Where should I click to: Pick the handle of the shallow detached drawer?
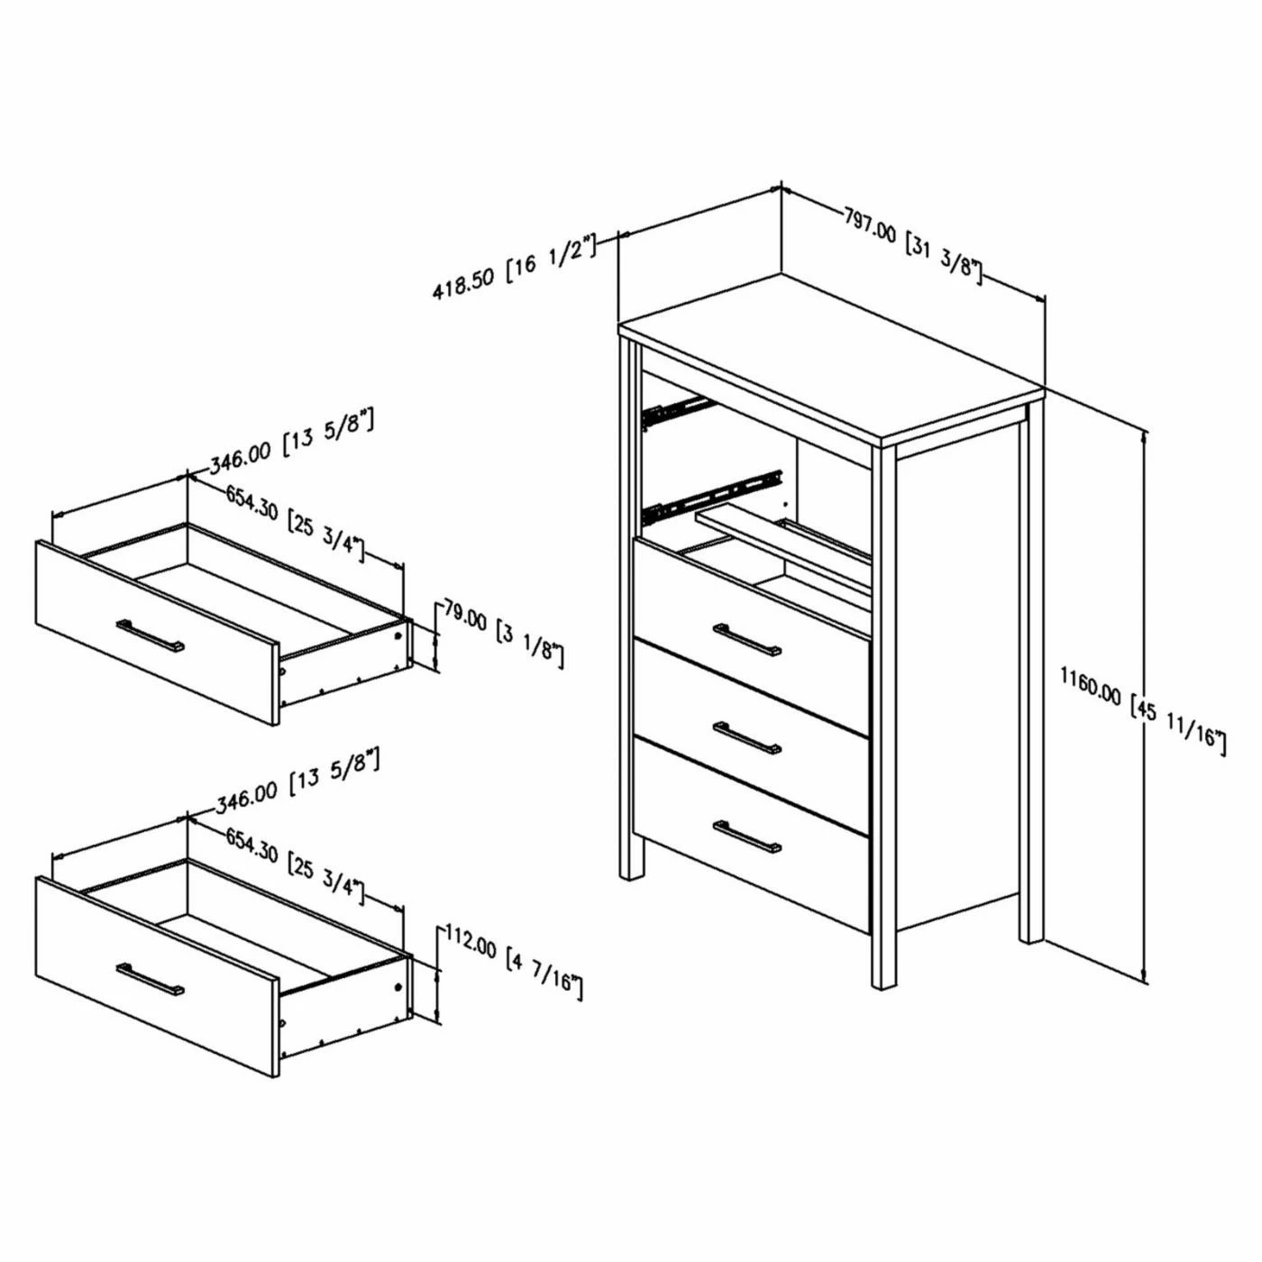coord(150,636)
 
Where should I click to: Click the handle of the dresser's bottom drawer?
coord(746,837)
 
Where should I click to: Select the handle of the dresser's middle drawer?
coord(746,738)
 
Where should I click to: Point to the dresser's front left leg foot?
coord(629,876)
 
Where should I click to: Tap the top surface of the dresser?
coord(831,357)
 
